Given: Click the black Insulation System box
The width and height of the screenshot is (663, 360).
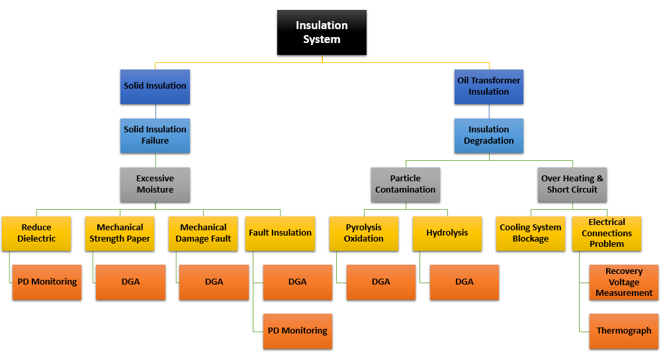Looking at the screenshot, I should pos(322,32).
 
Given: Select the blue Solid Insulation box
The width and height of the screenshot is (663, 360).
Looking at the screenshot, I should pos(155,86).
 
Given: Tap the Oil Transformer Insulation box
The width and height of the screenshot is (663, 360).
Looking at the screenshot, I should pos(489,86).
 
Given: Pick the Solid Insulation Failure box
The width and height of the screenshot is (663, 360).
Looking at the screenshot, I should pos(155,135).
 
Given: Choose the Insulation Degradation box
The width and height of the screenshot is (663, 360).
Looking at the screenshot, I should pos(489,135).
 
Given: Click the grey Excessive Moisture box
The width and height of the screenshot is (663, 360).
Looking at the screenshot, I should pos(155,184).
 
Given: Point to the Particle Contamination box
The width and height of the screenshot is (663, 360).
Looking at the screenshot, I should pos(406,184).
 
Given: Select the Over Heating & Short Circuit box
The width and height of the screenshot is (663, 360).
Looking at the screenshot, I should pos(572,184).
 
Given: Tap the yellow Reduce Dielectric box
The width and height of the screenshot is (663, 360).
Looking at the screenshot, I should pos(37,233).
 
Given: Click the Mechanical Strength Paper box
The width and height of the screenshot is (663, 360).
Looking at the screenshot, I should pos(120,233).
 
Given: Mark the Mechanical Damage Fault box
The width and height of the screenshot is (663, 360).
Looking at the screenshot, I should pos(203,233).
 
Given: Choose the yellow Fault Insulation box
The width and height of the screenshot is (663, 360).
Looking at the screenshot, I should pos(280,233).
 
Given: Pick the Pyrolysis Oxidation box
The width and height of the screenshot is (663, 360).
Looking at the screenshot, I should pos(363,233).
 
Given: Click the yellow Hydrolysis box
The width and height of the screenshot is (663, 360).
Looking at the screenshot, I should pos(447,233).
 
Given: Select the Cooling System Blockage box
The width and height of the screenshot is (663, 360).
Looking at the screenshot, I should pos(531,233).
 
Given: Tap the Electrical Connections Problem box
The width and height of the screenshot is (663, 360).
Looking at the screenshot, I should pos(607,233).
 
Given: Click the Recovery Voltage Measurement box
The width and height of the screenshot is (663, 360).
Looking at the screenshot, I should pos(624,282).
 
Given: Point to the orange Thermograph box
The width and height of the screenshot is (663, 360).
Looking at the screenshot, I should pos(624,331).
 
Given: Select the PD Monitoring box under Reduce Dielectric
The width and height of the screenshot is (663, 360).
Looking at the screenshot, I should pos(47,282).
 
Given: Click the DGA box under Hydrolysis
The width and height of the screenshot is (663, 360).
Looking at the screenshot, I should pos(464,282).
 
